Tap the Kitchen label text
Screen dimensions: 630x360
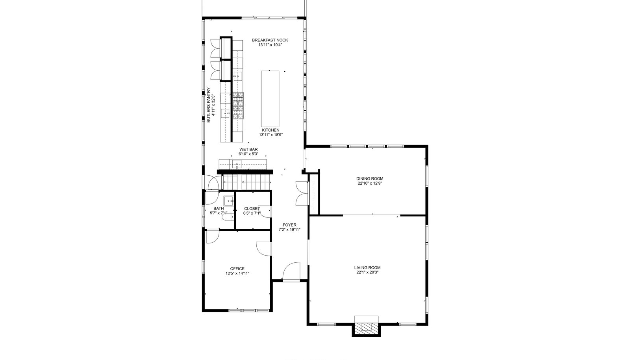(271, 130)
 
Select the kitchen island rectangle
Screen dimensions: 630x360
(270, 99)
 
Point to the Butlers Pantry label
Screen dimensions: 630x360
(208, 105)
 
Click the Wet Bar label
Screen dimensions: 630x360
(248, 149)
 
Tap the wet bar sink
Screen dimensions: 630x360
(237, 164)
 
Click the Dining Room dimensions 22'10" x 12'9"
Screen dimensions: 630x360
(370, 183)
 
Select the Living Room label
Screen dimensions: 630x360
(367, 268)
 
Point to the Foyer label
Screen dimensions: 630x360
(289, 225)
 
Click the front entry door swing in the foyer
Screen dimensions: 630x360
(291, 271)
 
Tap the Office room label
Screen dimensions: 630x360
(237, 269)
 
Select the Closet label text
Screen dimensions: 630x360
(252, 209)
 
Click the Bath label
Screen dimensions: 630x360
(219, 208)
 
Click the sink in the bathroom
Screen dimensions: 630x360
(229, 201)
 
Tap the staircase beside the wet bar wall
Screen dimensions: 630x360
(246, 182)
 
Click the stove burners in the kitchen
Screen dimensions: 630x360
(238, 106)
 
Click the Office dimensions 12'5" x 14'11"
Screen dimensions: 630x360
(237, 273)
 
